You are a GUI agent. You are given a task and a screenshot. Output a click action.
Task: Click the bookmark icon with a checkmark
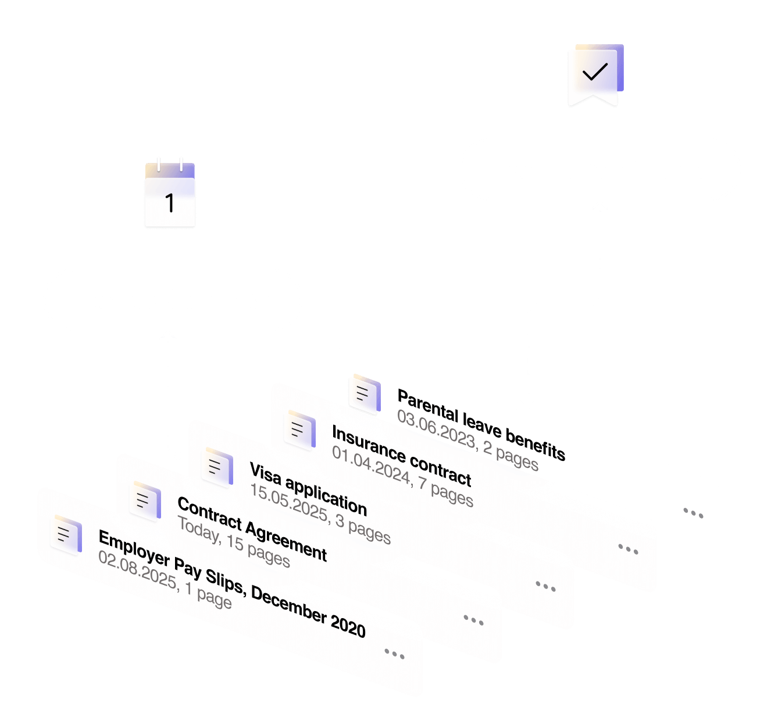tap(595, 74)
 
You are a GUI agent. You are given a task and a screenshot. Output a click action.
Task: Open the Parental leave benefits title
tap(481, 425)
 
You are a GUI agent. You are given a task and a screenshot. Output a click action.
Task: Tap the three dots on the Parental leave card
tap(693, 513)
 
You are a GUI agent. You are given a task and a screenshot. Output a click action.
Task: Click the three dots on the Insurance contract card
tap(628, 548)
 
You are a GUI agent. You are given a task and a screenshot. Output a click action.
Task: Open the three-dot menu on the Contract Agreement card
tap(473, 620)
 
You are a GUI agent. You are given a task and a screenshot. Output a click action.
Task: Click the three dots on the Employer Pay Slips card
tap(394, 654)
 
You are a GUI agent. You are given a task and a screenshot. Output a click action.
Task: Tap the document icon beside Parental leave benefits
tap(365, 394)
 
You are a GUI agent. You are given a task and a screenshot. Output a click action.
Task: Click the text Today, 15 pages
tap(233, 542)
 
